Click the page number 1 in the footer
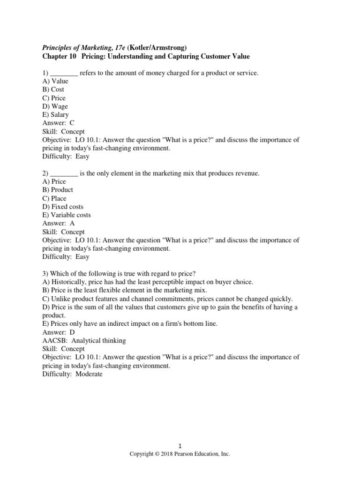click(180, 446)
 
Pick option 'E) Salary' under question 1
click(55, 114)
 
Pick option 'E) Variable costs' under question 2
click(67, 215)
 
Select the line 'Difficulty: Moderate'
click(72, 374)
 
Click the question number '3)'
click(45, 273)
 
